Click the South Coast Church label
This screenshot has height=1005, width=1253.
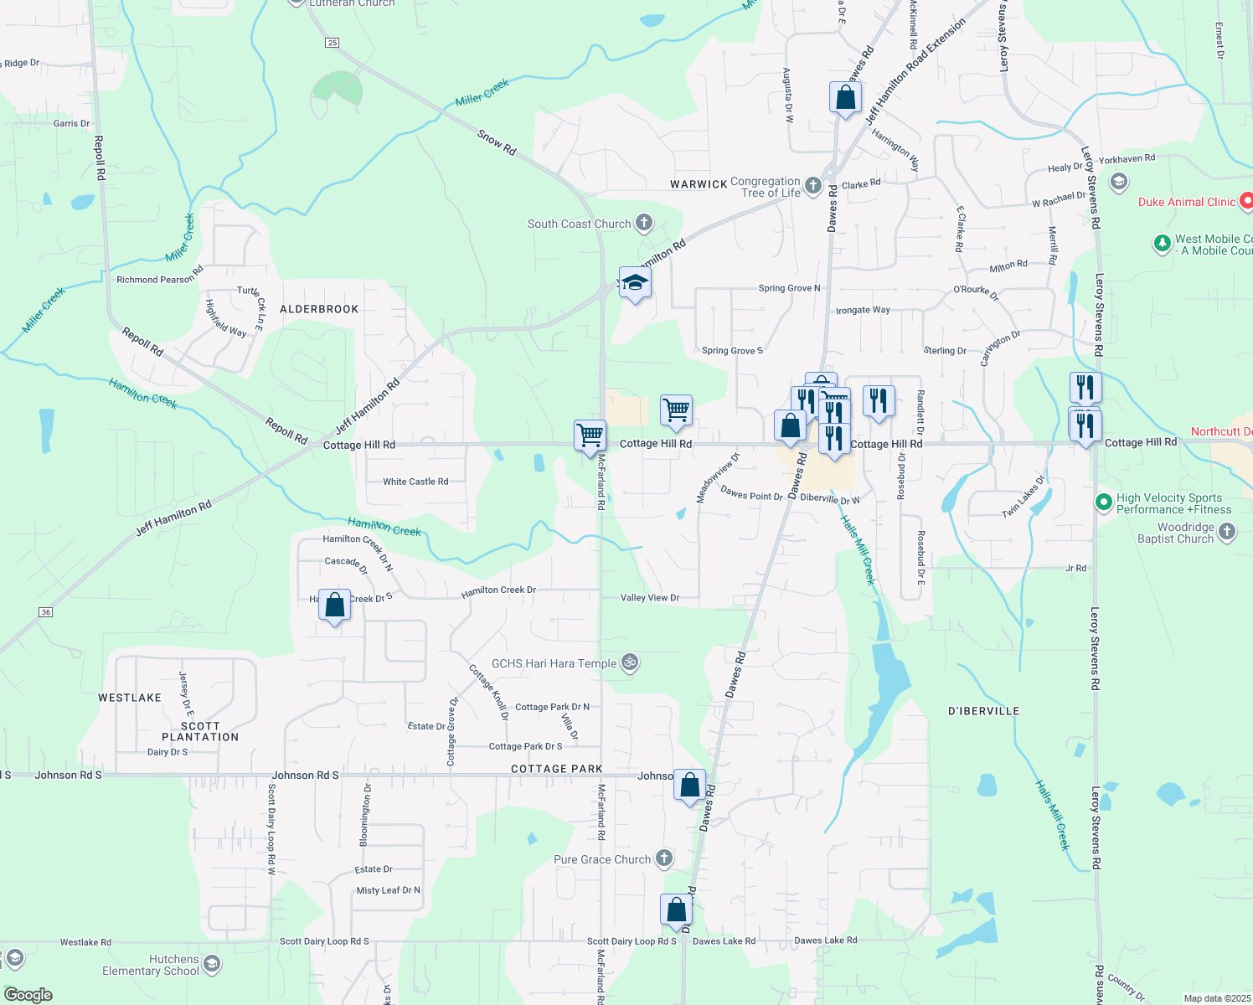[579, 224]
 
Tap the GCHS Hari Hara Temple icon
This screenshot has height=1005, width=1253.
[630, 663]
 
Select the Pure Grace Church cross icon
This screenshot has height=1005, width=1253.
[663, 858]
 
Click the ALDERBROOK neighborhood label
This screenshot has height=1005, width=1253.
[319, 309]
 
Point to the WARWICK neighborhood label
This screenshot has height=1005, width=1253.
[699, 184]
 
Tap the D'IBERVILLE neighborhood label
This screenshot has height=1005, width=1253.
[983, 711]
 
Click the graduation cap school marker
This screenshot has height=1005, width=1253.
[635, 283]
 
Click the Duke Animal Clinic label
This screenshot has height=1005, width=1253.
[1186, 202]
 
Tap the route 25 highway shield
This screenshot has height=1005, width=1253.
[333, 43]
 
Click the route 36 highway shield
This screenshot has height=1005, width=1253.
[46, 612]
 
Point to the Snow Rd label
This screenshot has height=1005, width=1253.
[497, 142]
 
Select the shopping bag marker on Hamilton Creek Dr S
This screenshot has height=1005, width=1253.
[334, 605]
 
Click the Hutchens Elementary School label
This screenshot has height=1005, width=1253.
[151, 965]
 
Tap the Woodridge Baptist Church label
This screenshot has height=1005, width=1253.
[1175, 533]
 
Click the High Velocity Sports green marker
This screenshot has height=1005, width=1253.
[1104, 502]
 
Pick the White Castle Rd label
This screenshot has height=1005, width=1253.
[415, 482]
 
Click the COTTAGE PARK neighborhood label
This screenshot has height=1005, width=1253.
[557, 769]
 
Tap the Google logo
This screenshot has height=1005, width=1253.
[28, 995]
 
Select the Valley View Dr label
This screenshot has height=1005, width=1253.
[649, 598]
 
